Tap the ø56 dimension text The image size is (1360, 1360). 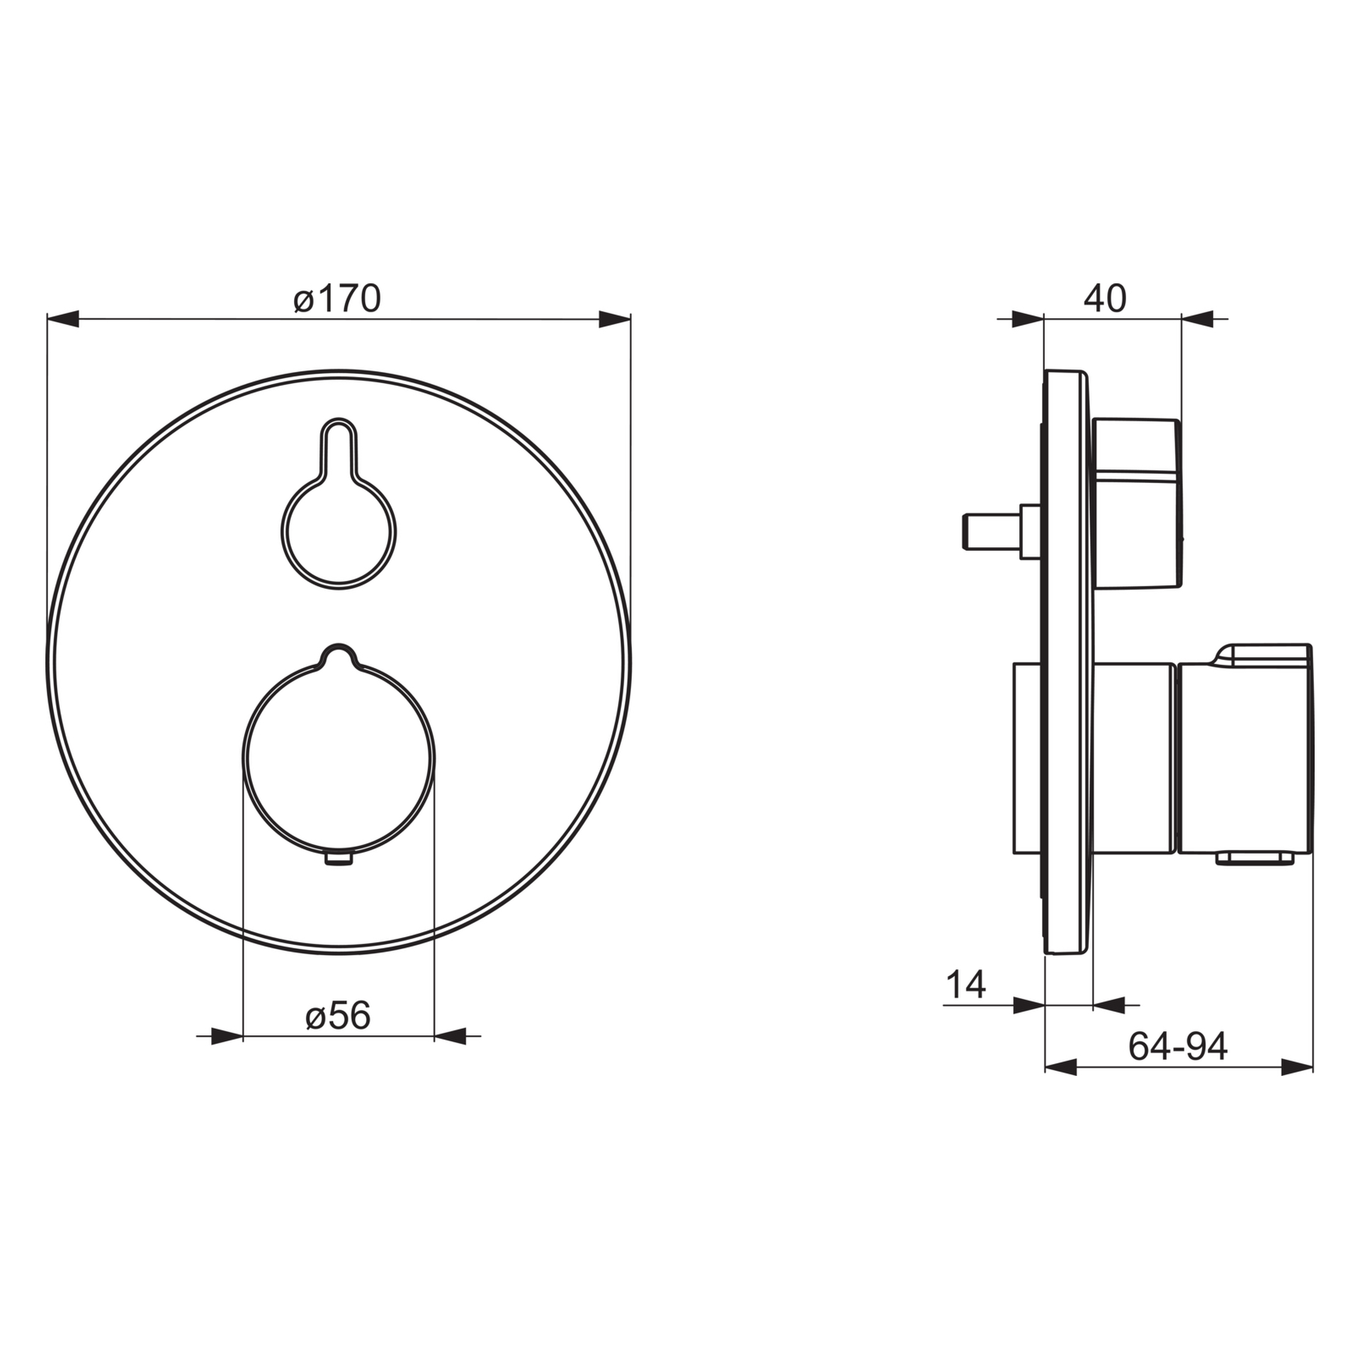tap(338, 1016)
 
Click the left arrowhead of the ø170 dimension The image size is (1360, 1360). tap(62, 319)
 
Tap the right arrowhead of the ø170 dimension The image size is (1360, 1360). tap(615, 319)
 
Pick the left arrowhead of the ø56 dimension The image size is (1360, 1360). tap(227, 1036)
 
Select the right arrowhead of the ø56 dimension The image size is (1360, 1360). tap(450, 1036)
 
